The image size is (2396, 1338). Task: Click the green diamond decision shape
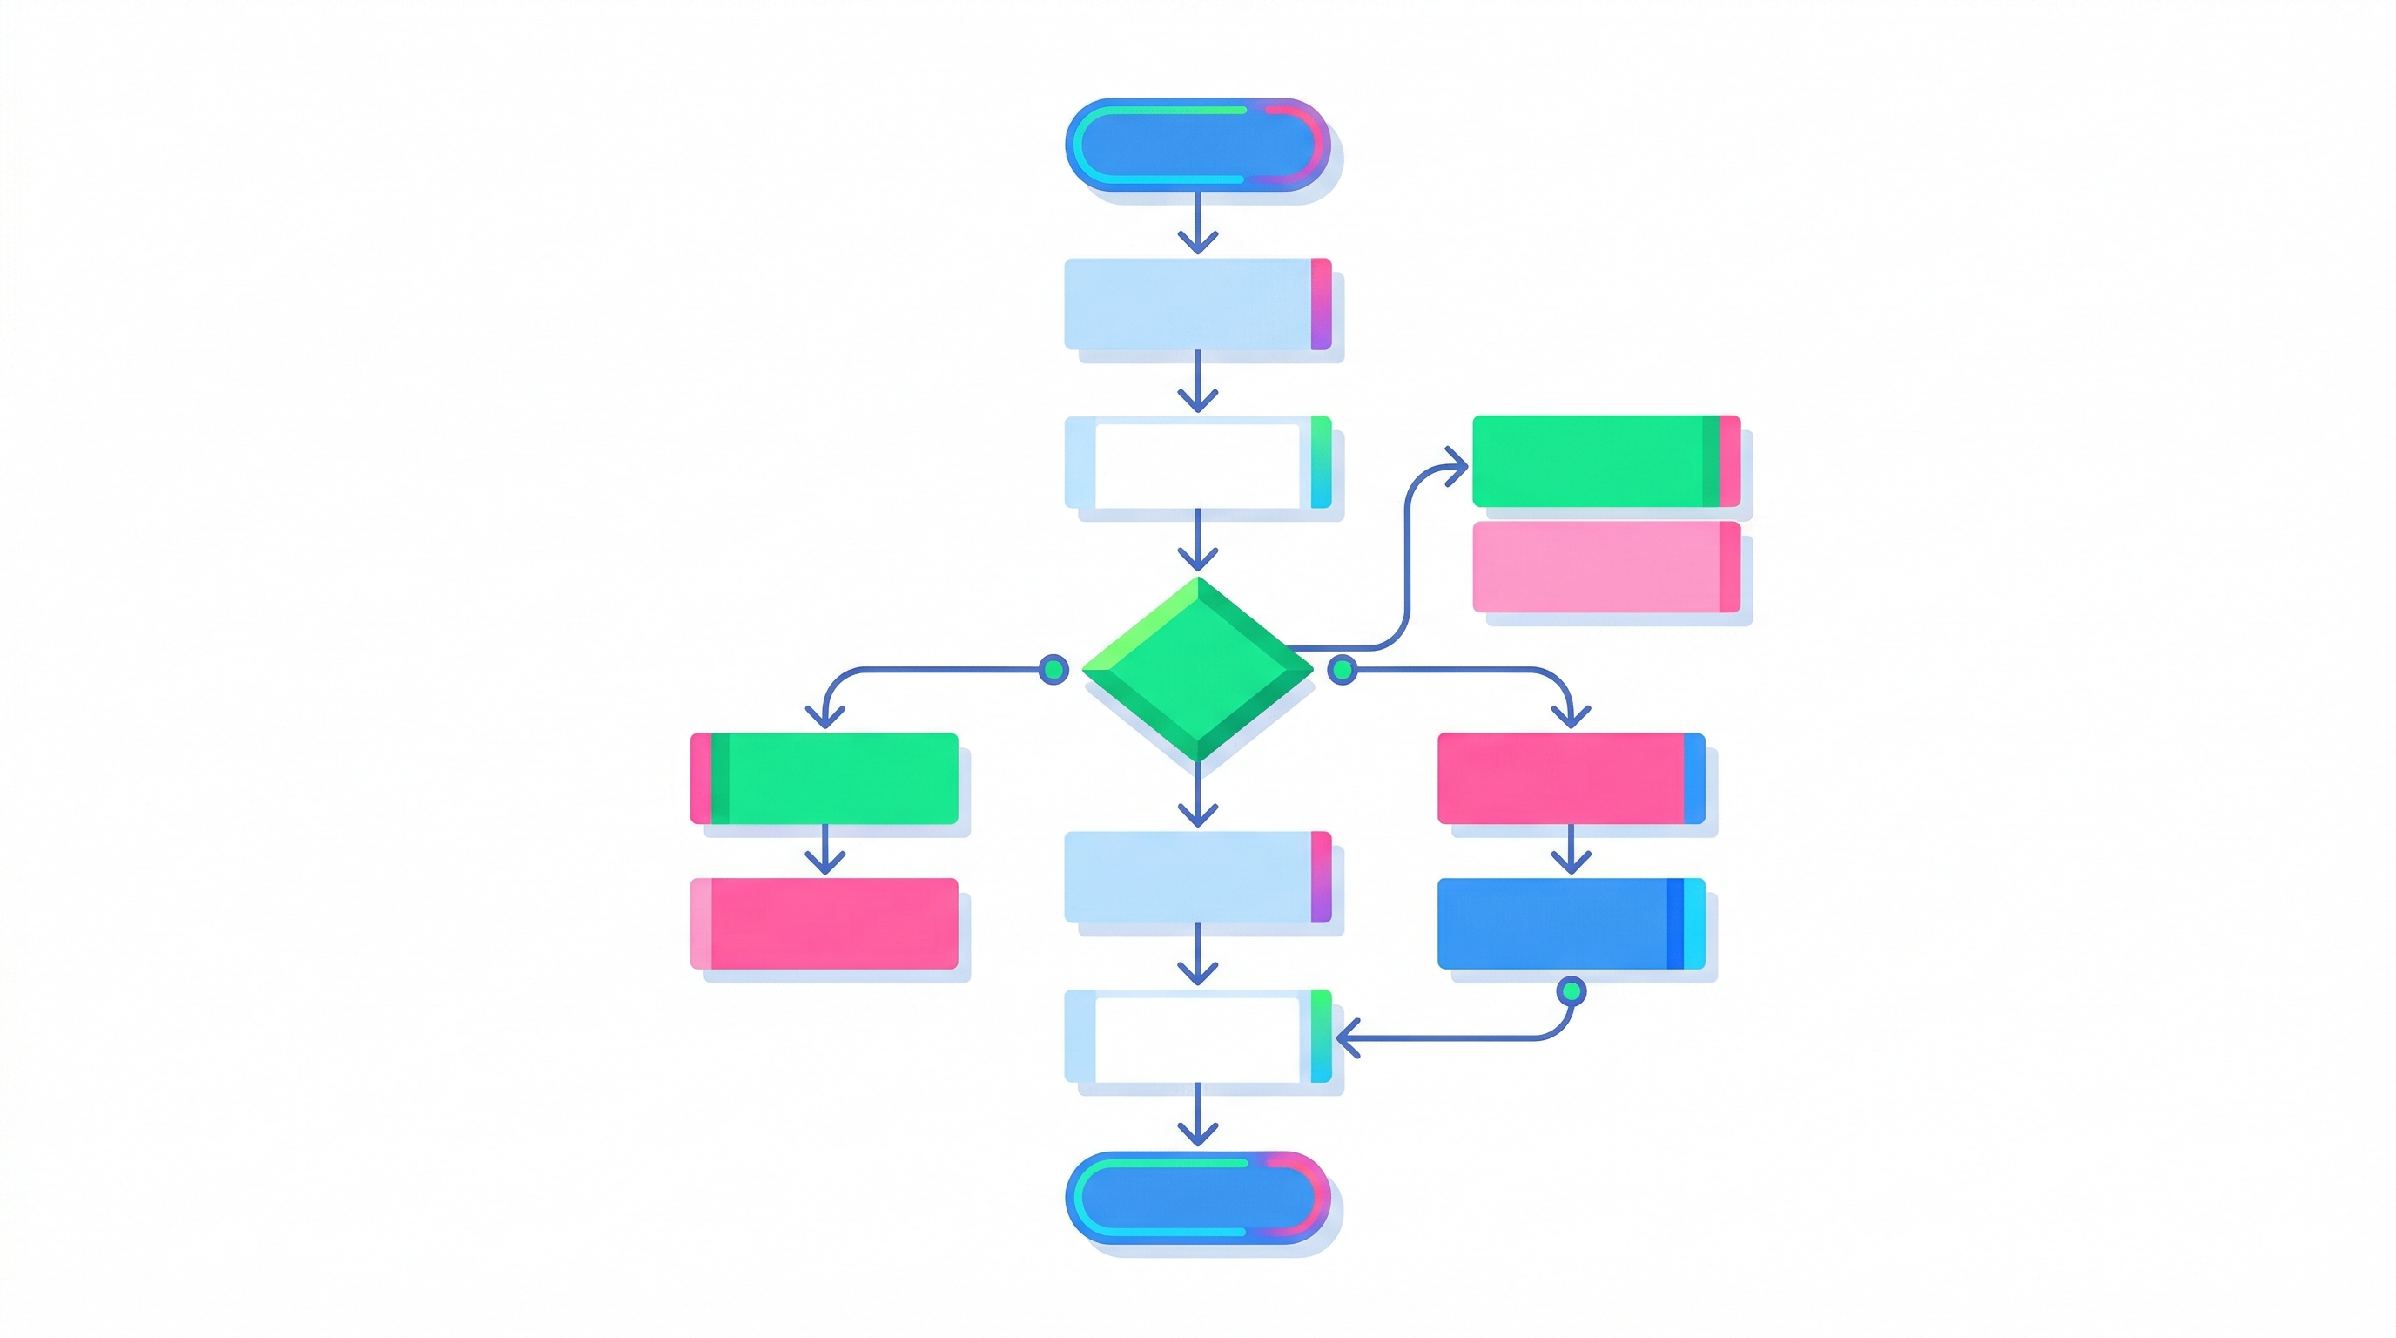[x=1198, y=668]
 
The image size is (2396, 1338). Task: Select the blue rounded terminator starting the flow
[x=1197, y=145]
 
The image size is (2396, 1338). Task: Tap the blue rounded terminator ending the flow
[x=1197, y=1198]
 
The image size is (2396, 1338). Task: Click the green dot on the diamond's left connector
[x=1053, y=669]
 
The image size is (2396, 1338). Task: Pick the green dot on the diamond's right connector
[x=1342, y=669]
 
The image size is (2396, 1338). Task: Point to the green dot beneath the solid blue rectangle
[x=1571, y=992]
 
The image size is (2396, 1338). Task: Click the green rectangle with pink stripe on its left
[x=824, y=778]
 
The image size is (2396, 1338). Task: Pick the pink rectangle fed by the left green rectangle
[x=824, y=923]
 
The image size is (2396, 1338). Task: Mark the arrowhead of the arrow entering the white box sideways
[x=1345, y=1037]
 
